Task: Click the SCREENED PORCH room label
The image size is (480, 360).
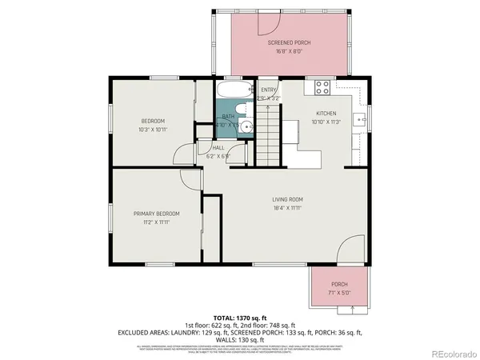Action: click(x=288, y=42)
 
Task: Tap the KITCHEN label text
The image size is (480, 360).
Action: click(x=326, y=114)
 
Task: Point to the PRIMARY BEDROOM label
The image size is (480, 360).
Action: click(x=156, y=214)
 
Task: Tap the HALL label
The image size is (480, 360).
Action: click(x=218, y=148)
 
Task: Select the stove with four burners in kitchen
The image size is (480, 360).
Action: click(x=322, y=86)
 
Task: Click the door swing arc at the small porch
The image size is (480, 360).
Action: click(x=348, y=252)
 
